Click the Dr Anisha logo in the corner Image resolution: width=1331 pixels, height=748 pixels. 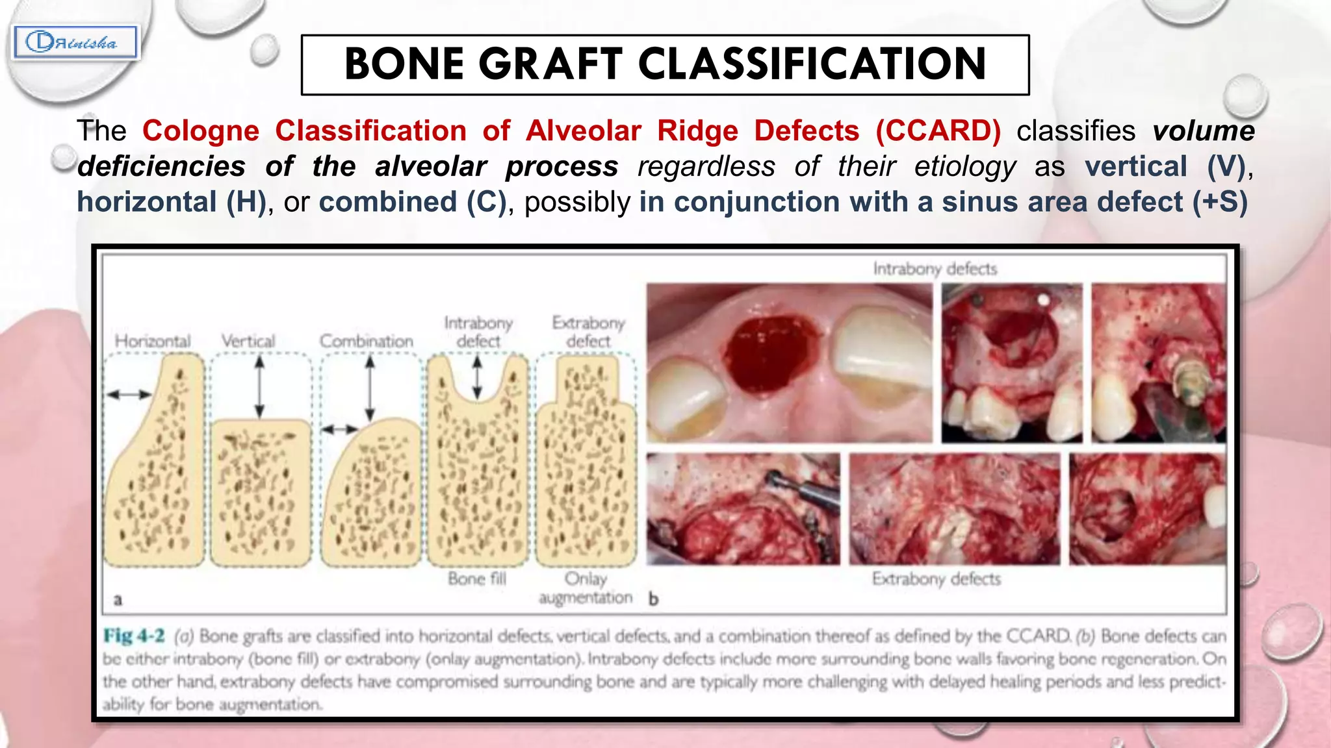75,43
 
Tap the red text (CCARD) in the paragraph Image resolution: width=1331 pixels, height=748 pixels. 938,131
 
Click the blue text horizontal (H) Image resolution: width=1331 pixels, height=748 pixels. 172,202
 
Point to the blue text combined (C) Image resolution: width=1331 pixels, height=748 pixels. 412,202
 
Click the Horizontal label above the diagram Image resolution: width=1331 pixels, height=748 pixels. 153,341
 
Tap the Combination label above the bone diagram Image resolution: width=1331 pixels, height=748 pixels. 366,341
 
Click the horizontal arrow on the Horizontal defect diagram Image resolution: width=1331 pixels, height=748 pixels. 129,394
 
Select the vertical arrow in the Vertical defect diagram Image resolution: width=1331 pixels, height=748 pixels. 259,388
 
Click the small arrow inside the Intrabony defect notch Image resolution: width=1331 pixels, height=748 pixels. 477,377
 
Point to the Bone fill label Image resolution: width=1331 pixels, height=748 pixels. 476,579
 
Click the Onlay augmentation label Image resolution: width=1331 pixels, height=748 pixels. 586,588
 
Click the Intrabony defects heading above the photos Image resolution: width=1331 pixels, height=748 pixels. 935,269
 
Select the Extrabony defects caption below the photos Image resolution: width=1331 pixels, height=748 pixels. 936,579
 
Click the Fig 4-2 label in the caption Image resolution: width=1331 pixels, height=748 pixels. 134,636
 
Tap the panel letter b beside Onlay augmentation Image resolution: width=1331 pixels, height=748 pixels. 653,599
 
